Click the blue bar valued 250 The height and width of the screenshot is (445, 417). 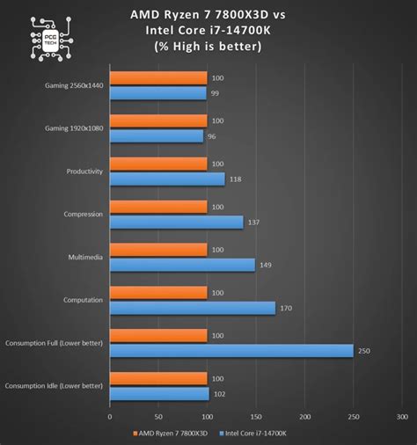(230, 351)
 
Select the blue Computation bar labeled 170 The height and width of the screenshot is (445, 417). (192, 308)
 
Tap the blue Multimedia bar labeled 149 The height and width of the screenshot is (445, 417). (181, 265)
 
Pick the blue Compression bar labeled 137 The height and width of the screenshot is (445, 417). (176, 222)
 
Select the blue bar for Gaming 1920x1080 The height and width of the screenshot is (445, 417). (156, 136)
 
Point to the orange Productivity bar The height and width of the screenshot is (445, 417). (157, 164)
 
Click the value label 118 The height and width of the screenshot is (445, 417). (235, 179)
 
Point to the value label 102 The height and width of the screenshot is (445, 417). (219, 394)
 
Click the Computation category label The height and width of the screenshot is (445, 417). (83, 300)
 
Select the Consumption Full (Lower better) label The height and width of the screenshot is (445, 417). (54, 343)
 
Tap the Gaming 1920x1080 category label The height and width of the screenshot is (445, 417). (73, 128)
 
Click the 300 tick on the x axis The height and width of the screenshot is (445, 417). (402, 417)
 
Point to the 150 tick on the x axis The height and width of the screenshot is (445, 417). (256, 417)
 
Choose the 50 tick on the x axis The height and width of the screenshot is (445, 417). (158, 417)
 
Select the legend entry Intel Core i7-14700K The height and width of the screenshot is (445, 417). (260, 433)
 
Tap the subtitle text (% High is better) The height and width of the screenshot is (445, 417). (208, 47)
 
